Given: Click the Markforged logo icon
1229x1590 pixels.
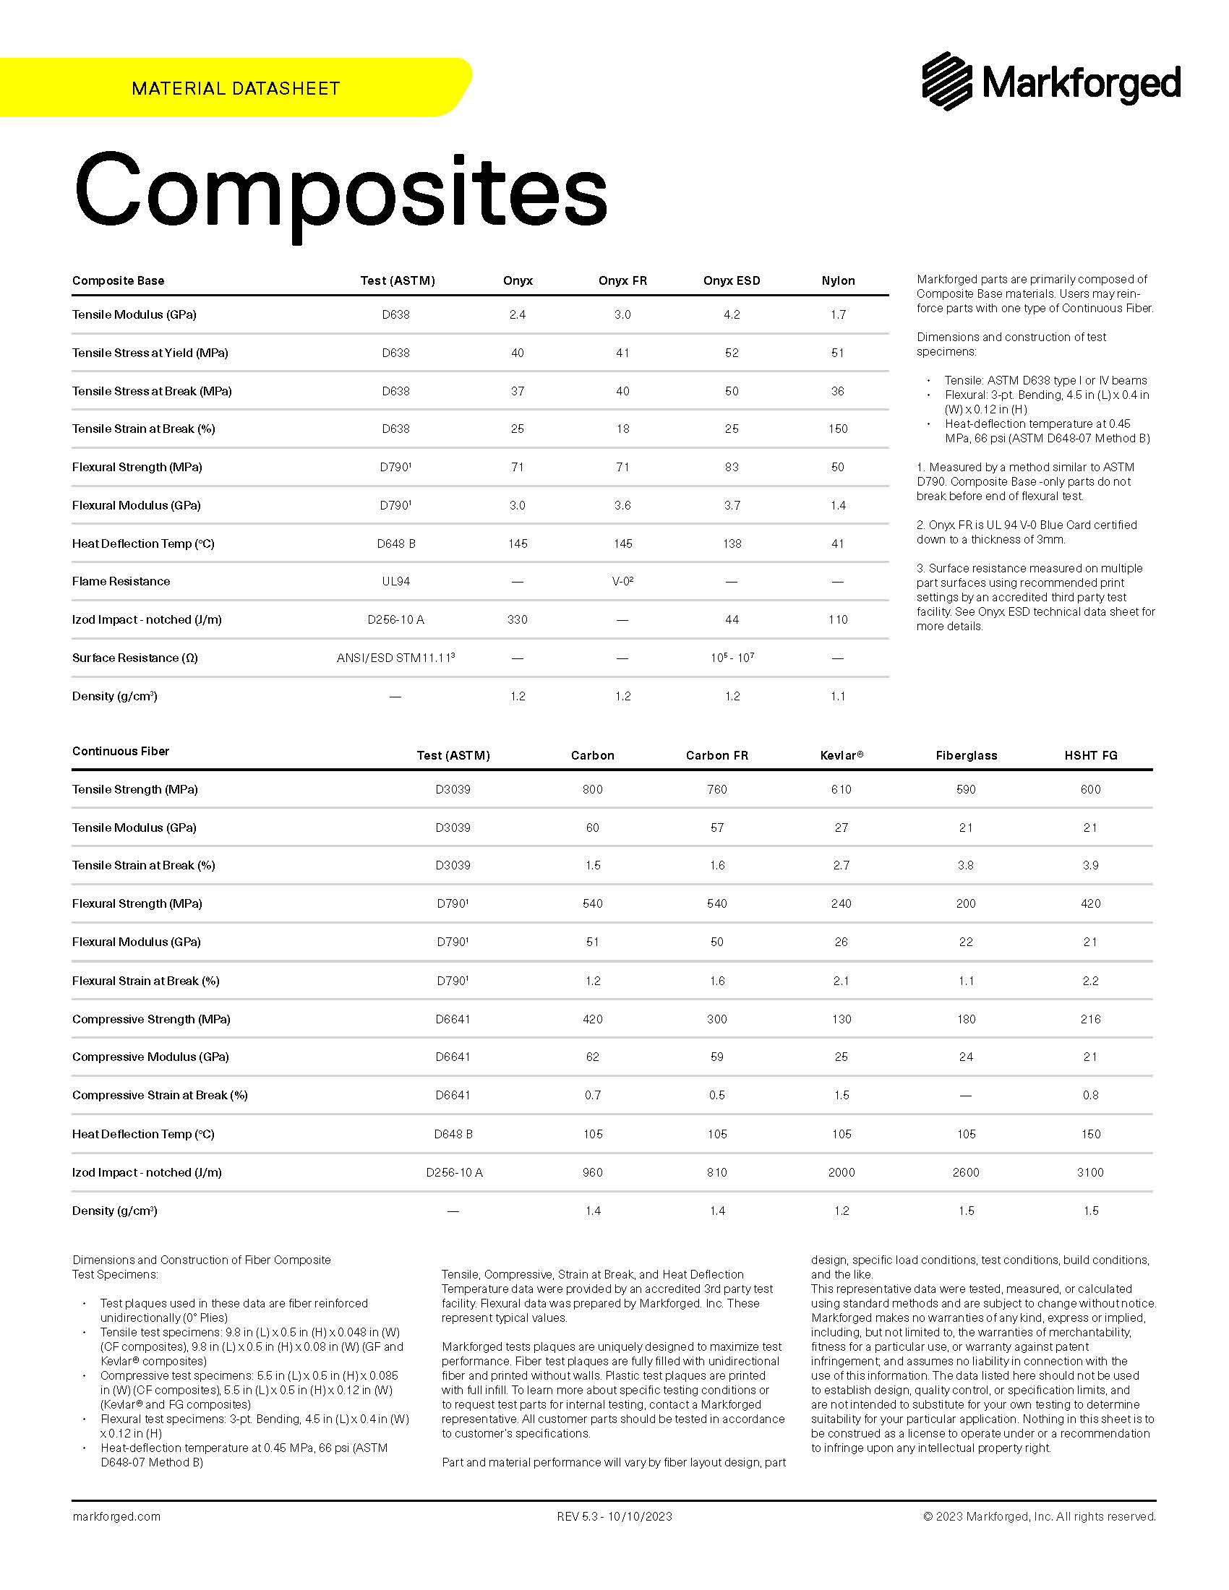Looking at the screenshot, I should coord(947,81).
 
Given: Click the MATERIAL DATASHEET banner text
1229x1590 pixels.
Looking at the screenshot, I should coord(236,89).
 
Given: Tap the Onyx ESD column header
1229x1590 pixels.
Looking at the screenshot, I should coord(731,281).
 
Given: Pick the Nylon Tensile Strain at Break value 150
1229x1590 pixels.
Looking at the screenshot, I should coord(837,429).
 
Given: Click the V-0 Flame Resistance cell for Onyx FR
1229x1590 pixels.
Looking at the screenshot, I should coord(622,581).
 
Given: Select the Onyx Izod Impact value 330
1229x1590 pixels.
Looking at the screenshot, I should coord(517,619).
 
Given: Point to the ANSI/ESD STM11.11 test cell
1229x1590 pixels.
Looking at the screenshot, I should coord(395,658).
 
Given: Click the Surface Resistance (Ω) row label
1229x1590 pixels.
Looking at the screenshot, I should coord(134,658).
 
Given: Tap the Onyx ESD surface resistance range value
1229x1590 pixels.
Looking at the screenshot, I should coord(732,658).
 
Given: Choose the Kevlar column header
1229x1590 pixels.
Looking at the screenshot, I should coord(841,756).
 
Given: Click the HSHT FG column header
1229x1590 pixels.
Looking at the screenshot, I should coord(1090,756).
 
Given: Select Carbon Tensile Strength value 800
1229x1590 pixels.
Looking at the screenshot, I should coord(592,789).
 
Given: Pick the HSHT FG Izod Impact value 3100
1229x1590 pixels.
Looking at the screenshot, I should coord(1090,1172).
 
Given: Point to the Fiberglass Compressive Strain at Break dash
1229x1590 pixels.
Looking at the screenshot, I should coord(965,1096).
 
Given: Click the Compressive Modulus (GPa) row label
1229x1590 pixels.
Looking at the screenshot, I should coord(150,1057).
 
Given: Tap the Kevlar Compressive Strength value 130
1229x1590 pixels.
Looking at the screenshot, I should coord(841,1019).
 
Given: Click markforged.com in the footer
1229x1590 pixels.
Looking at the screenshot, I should coord(116,1516).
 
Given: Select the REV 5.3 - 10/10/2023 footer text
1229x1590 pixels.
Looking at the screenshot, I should coord(614,1516).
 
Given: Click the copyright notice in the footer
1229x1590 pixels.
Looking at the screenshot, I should coord(1039,1516).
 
